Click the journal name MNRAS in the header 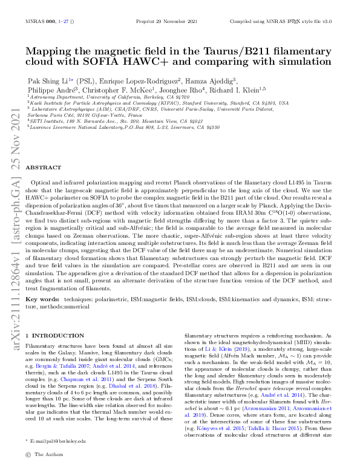tap(36, 21)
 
